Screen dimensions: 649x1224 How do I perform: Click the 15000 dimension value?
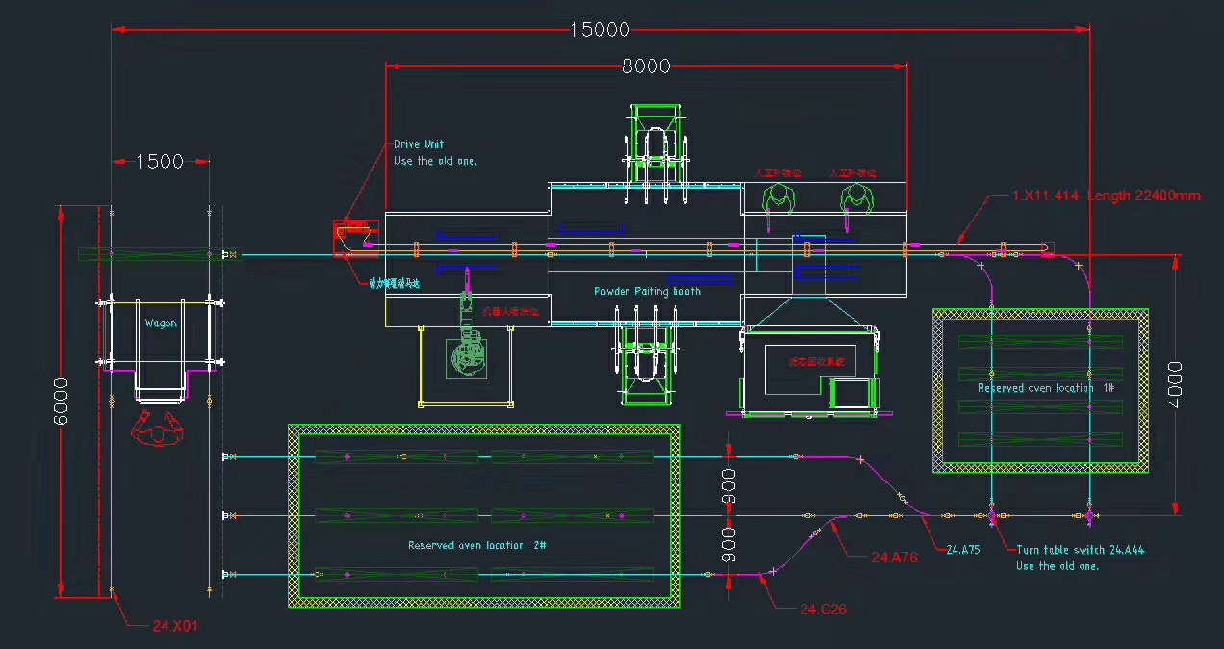tap(599, 30)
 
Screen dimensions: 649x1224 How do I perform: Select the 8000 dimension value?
tap(645, 66)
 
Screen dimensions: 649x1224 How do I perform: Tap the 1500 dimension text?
tap(160, 162)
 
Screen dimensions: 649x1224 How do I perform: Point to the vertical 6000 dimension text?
tap(61, 402)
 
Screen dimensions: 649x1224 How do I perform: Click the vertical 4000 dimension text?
tap(1175, 384)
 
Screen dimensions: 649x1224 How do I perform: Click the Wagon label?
tap(161, 324)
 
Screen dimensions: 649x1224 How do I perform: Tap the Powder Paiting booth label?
tap(647, 291)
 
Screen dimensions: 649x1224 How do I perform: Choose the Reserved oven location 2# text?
tap(477, 545)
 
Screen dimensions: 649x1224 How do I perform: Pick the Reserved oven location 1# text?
tap(1046, 388)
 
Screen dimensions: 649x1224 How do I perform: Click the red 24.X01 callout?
tap(175, 626)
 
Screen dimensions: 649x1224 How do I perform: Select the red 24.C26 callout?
tap(823, 610)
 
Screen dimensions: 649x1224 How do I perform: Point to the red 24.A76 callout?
tap(894, 558)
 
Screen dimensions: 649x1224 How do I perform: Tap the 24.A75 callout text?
tap(963, 550)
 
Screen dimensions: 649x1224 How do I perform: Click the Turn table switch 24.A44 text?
tap(1080, 551)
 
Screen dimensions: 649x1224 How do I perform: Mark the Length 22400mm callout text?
tap(1144, 195)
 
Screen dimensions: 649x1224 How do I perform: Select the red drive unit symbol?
tap(350, 237)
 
